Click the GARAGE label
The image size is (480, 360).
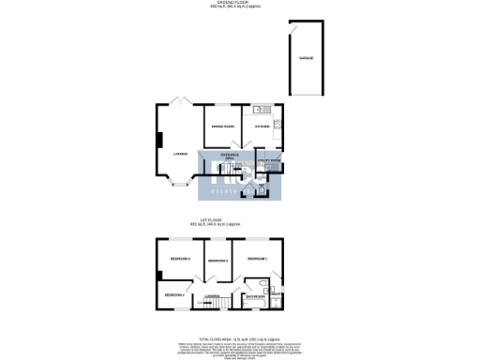pos(306,58)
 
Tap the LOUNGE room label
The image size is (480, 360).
pos(180,154)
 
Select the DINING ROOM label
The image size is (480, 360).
pos(222,127)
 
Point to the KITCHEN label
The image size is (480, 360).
pos(262,127)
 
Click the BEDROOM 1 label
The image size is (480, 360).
pos(257,258)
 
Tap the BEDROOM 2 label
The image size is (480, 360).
pos(180,258)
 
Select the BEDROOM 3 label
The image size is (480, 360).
pos(218,260)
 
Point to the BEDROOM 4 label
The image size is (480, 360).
pos(175,295)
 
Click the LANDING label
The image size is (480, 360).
pos(213,296)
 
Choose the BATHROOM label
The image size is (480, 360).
pos(254,296)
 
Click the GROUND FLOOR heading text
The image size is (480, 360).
pos(239,3)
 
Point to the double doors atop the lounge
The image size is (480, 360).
pos(182,101)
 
